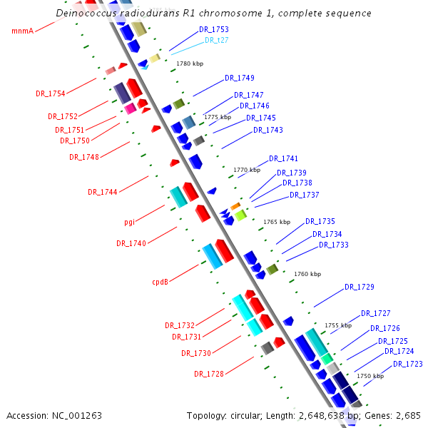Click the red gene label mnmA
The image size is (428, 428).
(23, 31)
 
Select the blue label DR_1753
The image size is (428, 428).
(214, 29)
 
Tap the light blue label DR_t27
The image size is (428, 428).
(216, 40)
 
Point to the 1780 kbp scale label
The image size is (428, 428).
(190, 63)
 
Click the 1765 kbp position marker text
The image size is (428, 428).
(277, 222)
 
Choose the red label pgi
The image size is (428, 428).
(129, 222)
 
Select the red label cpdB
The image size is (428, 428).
(160, 282)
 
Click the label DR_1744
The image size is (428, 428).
(103, 192)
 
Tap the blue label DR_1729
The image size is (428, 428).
(360, 287)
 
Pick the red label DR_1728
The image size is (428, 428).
(209, 374)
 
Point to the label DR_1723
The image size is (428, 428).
(408, 364)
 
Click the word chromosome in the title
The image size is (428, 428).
(230, 14)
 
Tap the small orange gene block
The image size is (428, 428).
(235, 206)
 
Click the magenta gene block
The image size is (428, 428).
(131, 108)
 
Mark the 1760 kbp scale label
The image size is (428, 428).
(307, 274)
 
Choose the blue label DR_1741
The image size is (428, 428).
(283, 158)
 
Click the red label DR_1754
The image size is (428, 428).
(51, 93)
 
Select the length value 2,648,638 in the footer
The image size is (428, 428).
(321, 416)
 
